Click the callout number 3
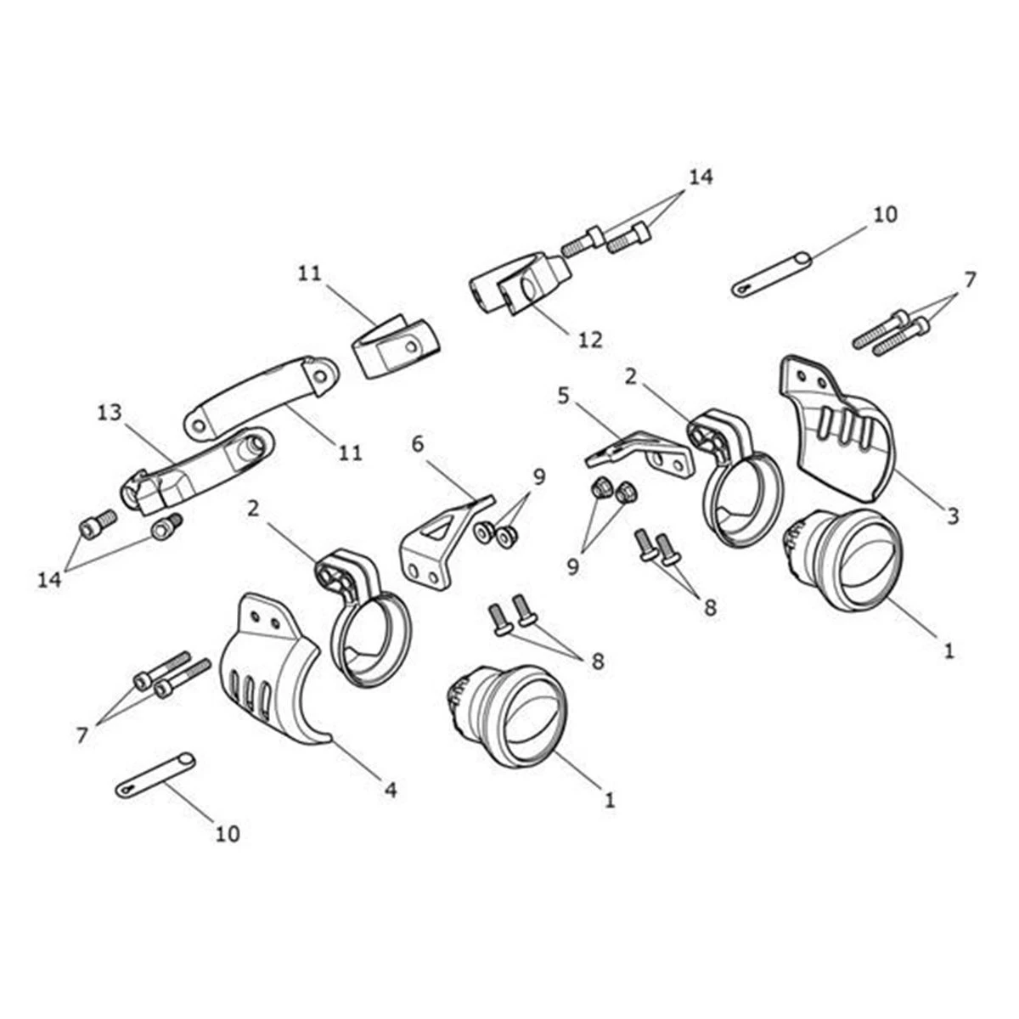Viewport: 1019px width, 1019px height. [953, 515]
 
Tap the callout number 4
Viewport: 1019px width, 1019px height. [390, 790]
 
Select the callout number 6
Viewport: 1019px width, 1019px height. [417, 443]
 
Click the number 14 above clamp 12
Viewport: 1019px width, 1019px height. [701, 177]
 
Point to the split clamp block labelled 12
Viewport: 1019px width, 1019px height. [520, 284]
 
